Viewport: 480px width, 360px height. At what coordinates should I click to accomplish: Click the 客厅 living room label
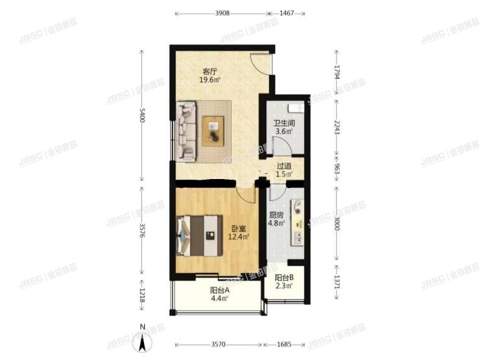pyautogui.click(x=209, y=71)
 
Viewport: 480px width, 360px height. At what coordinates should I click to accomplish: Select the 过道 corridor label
pyautogui.click(x=284, y=166)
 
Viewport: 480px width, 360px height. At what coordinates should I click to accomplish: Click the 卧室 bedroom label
pyautogui.click(x=238, y=228)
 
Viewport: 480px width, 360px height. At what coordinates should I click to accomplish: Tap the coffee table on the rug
pyautogui.click(x=213, y=128)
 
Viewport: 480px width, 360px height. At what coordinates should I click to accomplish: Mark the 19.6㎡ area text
pyautogui.click(x=209, y=80)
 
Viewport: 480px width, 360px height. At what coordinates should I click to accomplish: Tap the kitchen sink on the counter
pyautogui.click(x=297, y=209)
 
